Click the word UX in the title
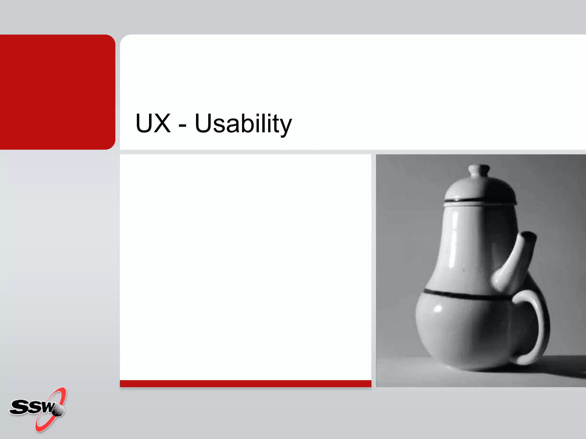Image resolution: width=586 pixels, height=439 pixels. [153, 123]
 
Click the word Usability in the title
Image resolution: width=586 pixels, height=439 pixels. [243, 124]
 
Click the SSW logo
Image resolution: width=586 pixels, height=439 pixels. [37, 409]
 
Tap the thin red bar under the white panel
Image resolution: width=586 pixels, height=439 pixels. [246, 384]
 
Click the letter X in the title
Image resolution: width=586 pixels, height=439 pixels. [162, 123]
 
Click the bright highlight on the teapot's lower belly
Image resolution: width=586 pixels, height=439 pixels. [438, 309]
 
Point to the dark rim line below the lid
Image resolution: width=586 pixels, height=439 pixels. [480, 201]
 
